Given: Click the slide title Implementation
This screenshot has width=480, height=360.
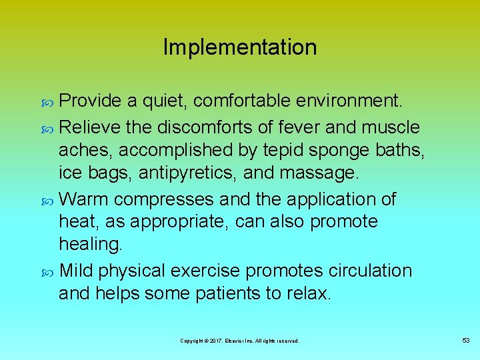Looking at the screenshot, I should [240, 47].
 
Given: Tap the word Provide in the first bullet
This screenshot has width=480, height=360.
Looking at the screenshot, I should [91, 101].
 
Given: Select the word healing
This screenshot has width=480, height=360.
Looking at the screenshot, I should [91, 245].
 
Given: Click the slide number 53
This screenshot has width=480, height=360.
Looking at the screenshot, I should [465, 341].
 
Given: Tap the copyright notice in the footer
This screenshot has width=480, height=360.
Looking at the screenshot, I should [240, 341].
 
